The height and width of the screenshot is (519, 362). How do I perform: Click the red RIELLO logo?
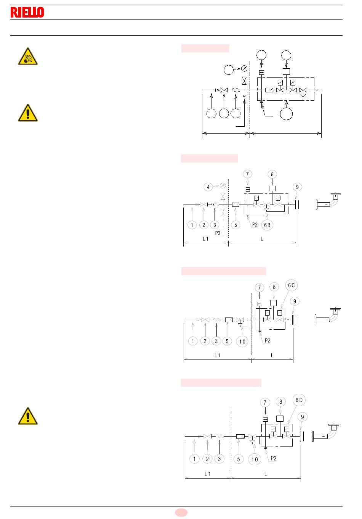point(27,12)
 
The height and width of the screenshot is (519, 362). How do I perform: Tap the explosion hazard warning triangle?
point(28,56)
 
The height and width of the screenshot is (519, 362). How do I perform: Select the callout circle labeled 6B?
point(267,225)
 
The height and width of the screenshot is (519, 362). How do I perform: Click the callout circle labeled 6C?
point(292,285)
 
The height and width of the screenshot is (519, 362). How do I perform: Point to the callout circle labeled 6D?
point(299,400)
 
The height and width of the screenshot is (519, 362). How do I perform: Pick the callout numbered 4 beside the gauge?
point(208,187)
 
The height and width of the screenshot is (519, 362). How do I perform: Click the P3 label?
point(218,233)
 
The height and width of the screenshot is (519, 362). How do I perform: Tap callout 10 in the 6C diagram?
point(242,342)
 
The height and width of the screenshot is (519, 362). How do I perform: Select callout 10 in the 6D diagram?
point(255,459)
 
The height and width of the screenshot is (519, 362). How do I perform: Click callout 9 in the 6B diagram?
point(297,187)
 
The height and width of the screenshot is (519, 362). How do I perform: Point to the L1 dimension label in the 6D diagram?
point(208,474)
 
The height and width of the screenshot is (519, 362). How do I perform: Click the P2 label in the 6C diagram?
point(267,340)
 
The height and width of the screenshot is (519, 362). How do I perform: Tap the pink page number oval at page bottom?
point(181,513)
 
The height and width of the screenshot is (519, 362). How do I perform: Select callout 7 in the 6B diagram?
point(248,174)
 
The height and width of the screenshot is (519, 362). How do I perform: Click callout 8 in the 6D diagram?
point(280,402)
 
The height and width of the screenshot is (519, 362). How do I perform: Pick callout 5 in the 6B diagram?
point(235,225)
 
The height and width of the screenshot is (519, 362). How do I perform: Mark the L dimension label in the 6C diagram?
point(272,355)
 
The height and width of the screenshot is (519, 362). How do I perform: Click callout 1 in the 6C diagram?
point(193,341)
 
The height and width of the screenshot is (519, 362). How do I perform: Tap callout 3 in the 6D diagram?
point(219,459)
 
